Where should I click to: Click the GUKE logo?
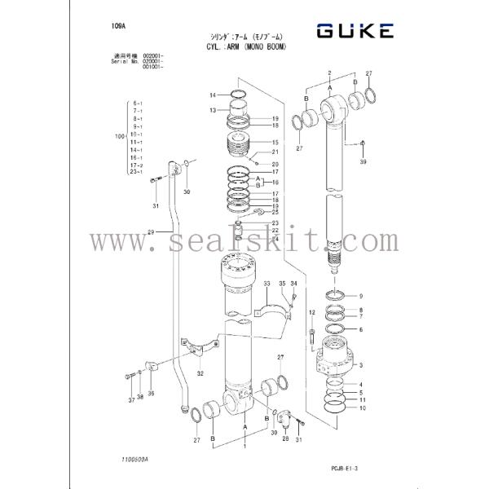(355, 31)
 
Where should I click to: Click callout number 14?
(212, 95)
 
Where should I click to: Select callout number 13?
(212, 110)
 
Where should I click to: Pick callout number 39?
(364, 162)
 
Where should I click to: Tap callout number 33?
(267, 283)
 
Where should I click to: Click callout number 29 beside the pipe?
(150, 233)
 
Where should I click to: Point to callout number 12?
(311, 313)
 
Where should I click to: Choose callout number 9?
(361, 295)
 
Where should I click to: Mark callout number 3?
(361, 366)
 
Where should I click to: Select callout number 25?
(275, 213)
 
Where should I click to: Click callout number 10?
(362, 408)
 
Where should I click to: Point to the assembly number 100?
(120, 137)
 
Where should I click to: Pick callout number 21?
(275, 152)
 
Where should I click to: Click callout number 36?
(150, 393)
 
